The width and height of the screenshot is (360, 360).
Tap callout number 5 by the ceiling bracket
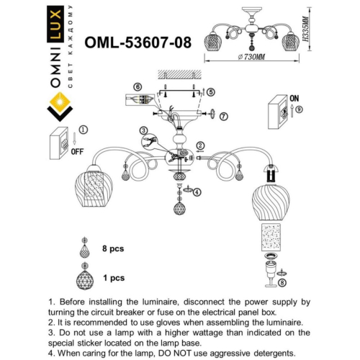click(210, 92)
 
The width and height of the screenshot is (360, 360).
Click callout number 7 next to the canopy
click(224, 115)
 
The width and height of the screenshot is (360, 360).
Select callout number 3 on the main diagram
click(144, 131)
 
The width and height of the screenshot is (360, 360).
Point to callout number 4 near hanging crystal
click(197, 192)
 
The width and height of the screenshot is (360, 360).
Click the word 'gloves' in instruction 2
click(175, 323)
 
